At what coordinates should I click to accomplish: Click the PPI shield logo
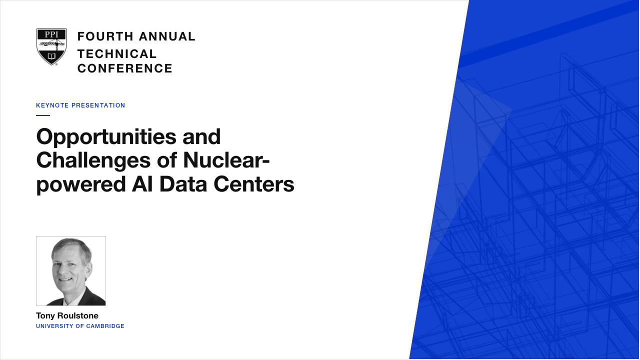[x=51, y=47]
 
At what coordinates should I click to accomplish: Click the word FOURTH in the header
[x=105, y=36]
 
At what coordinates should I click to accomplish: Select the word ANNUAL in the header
[x=167, y=36]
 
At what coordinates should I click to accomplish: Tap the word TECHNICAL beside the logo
[x=117, y=54]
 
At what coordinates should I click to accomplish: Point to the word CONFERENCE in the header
[x=125, y=68]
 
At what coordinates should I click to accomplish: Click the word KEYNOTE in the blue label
[x=52, y=105]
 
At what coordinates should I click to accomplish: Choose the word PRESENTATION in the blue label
[x=98, y=105]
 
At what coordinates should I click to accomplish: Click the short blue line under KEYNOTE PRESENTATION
[x=43, y=115]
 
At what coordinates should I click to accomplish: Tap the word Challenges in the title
[x=93, y=160]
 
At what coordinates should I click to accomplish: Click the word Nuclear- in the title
[x=226, y=160]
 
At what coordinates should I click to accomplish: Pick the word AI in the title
[x=142, y=183]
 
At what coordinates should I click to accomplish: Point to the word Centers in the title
[x=254, y=184]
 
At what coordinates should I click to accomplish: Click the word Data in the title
[x=183, y=183]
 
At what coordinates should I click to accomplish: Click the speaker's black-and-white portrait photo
[x=71, y=271]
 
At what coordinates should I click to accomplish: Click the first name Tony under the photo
[x=45, y=316]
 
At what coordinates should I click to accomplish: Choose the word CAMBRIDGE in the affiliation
[x=105, y=326]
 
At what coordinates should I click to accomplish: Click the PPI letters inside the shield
[x=51, y=34]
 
